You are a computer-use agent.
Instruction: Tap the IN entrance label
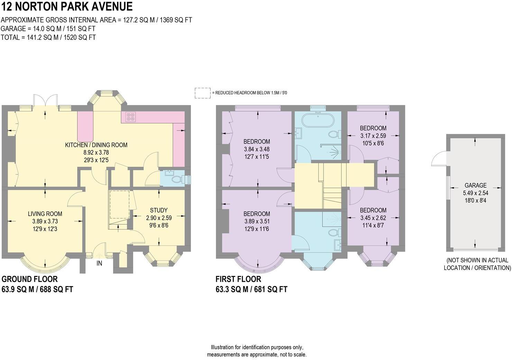click(99, 263)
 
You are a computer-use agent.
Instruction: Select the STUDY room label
click(159, 210)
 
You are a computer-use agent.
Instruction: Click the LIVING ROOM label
click(45, 214)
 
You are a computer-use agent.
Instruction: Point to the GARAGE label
click(475, 185)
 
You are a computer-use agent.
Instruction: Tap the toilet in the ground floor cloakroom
click(177, 180)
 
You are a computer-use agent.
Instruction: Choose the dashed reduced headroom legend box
click(202, 93)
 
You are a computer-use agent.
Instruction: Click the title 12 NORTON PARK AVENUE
click(67, 7)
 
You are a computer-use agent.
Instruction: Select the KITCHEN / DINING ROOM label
click(96, 145)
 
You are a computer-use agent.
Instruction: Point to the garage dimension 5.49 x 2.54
click(475, 193)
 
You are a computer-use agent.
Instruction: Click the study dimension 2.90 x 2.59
click(159, 218)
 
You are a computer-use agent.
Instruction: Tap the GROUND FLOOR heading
click(30, 279)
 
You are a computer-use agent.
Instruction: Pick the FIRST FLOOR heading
click(238, 279)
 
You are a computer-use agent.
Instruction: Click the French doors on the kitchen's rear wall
click(45, 100)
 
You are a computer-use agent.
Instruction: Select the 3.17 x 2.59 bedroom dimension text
click(373, 136)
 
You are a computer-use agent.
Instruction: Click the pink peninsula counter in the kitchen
click(85, 126)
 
